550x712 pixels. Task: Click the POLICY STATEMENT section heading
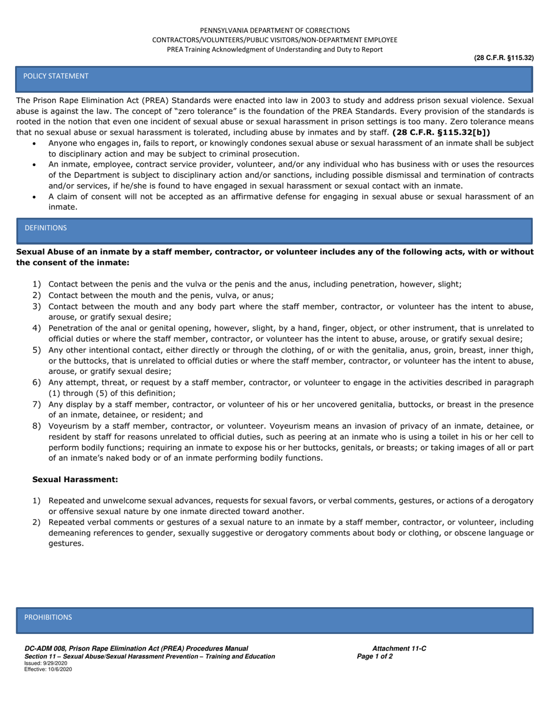pos(56,76)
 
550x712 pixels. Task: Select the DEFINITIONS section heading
pos(45,227)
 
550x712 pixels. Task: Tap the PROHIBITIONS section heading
pos(48,617)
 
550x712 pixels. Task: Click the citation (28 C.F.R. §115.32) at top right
pos(503,58)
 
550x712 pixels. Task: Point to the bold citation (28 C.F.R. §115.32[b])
pos(441,132)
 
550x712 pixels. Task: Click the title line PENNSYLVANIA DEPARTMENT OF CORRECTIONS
pos(274,30)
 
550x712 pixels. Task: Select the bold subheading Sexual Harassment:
pos(75,479)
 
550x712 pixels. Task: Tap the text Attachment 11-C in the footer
pos(399,648)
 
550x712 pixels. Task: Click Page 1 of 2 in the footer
pos(375,656)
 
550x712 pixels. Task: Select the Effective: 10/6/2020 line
pos(48,669)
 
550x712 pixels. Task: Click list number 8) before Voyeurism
pos(36,426)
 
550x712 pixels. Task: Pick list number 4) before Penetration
pos(36,328)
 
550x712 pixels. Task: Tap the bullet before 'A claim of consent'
pos(34,197)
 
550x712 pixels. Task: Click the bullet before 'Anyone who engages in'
pos(34,143)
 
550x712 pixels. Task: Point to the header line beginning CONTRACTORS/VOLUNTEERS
pos(274,40)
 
